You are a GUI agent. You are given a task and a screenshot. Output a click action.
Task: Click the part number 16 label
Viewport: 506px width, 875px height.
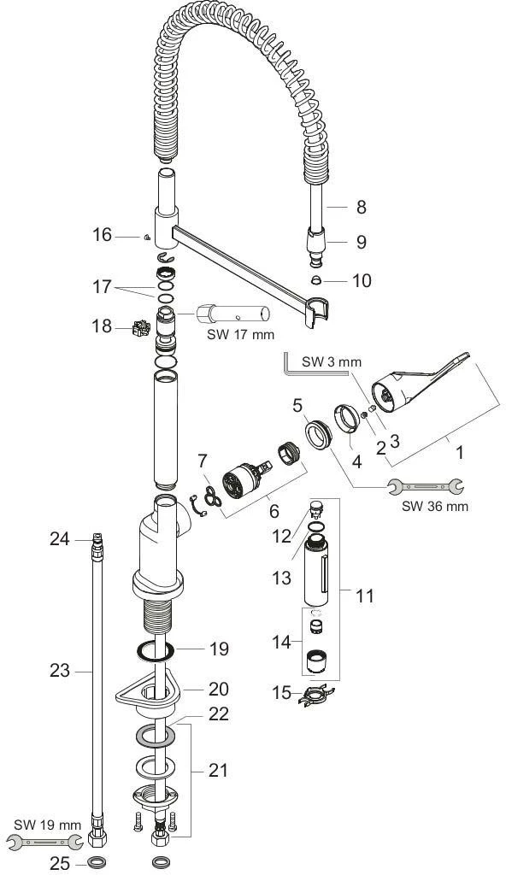click(x=103, y=235)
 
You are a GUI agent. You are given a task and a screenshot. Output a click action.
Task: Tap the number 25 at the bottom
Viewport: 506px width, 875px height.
click(x=61, y=863)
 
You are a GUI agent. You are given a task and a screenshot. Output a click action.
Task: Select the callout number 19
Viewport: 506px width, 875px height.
click(x=218, y=649)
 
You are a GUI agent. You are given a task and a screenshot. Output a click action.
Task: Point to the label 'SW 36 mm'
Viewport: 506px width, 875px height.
click(x=435, y=506)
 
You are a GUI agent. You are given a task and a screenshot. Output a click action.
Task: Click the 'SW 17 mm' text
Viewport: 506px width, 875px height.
click(x=241, y=335)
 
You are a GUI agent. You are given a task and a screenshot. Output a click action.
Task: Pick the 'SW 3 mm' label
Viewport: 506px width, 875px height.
click(x=332, y=361)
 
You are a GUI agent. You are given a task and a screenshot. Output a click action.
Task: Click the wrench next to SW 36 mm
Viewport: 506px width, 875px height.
click(x=426, y=486)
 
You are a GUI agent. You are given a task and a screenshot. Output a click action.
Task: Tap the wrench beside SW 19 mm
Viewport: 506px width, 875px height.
click(x=44, y=841)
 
